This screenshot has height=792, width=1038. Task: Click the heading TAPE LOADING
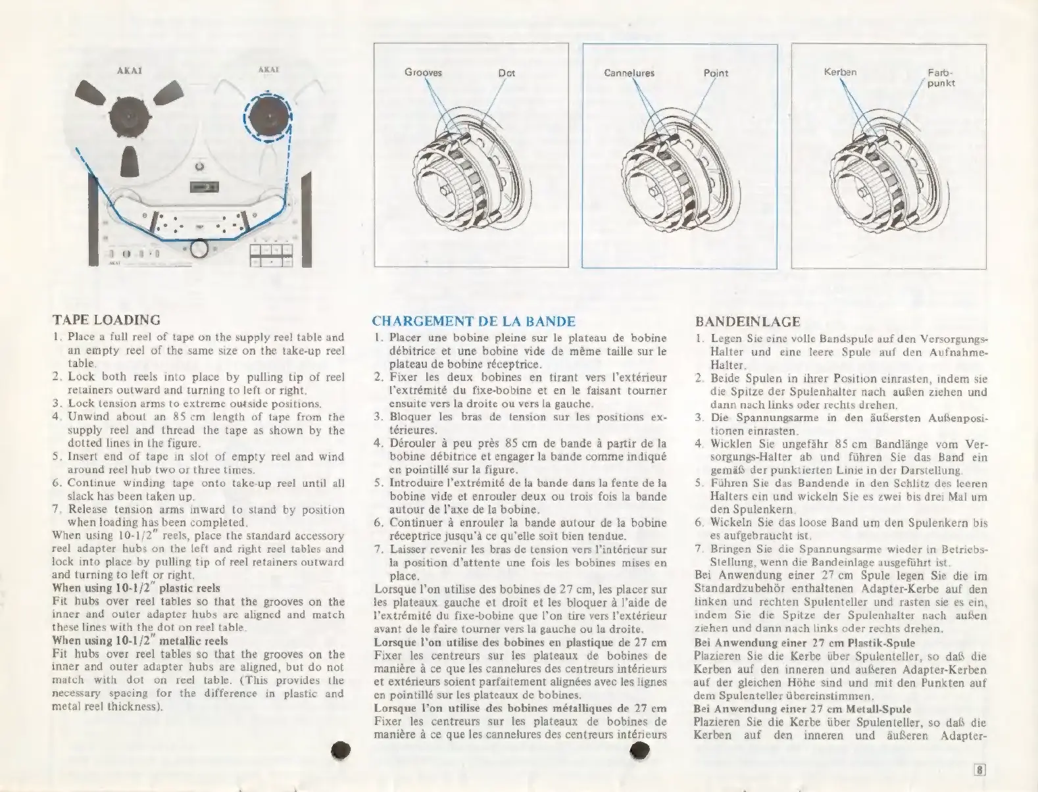click(x=106, y=320)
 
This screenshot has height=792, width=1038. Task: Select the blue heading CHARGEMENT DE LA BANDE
click(x=474, y=322)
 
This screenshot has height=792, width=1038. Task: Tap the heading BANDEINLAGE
click(x=747, y=322)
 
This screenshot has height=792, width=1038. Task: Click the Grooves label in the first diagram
click(x=423, y=73)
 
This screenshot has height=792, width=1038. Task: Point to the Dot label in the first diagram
click(x=506, y=73)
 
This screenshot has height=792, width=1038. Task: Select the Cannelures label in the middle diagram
click(x=629, y=73)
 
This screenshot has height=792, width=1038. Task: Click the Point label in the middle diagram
click(x=716, y=73)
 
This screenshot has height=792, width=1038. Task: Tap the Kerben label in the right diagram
click(x=840, y=72)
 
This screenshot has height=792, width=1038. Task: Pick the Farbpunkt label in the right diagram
click(x=941, y=78)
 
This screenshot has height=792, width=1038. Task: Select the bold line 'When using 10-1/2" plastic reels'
click(x=136, y=588)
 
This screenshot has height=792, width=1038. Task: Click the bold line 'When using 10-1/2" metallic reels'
click(x=139, y=641)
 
